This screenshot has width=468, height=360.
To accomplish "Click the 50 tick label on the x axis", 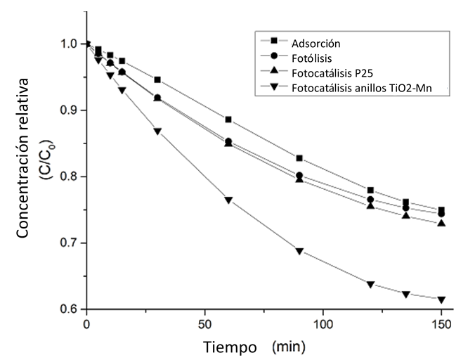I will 204,326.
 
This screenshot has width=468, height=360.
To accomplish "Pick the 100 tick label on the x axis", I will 323,326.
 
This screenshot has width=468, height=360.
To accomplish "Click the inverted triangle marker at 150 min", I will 441,300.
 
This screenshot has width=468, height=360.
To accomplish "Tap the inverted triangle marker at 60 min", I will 228,200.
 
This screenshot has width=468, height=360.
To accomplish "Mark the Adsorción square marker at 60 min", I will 228,120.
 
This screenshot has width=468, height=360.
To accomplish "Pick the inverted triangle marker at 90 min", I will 299,251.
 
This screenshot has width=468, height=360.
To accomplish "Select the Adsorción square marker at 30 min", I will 157,80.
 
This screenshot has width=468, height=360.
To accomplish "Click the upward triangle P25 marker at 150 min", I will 441,223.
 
